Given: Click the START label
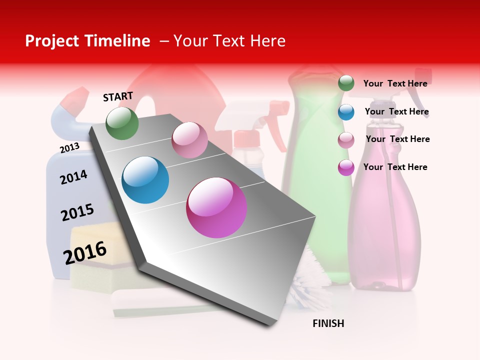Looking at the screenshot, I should coord(118,96).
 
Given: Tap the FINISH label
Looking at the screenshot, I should coord(328,323).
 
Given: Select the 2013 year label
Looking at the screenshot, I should coord(69,147).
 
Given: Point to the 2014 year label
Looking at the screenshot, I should coord(73,177).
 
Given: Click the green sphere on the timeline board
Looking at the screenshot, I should coord(122,123).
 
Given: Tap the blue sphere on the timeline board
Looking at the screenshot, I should coord(145,180).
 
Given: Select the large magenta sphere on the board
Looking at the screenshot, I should coord(216,207).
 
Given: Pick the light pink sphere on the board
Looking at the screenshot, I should coord(189,140).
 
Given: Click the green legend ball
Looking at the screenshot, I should coord(346,83).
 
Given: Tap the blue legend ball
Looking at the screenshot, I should coord(346,112).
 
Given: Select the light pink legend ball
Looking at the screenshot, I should coord(346,140).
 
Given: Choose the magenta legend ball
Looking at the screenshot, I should coord(346,167).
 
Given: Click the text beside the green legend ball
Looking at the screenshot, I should coord(395,83).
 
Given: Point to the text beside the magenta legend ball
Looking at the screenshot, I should coord(395,167).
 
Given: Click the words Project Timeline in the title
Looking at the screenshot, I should coord(87,41).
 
